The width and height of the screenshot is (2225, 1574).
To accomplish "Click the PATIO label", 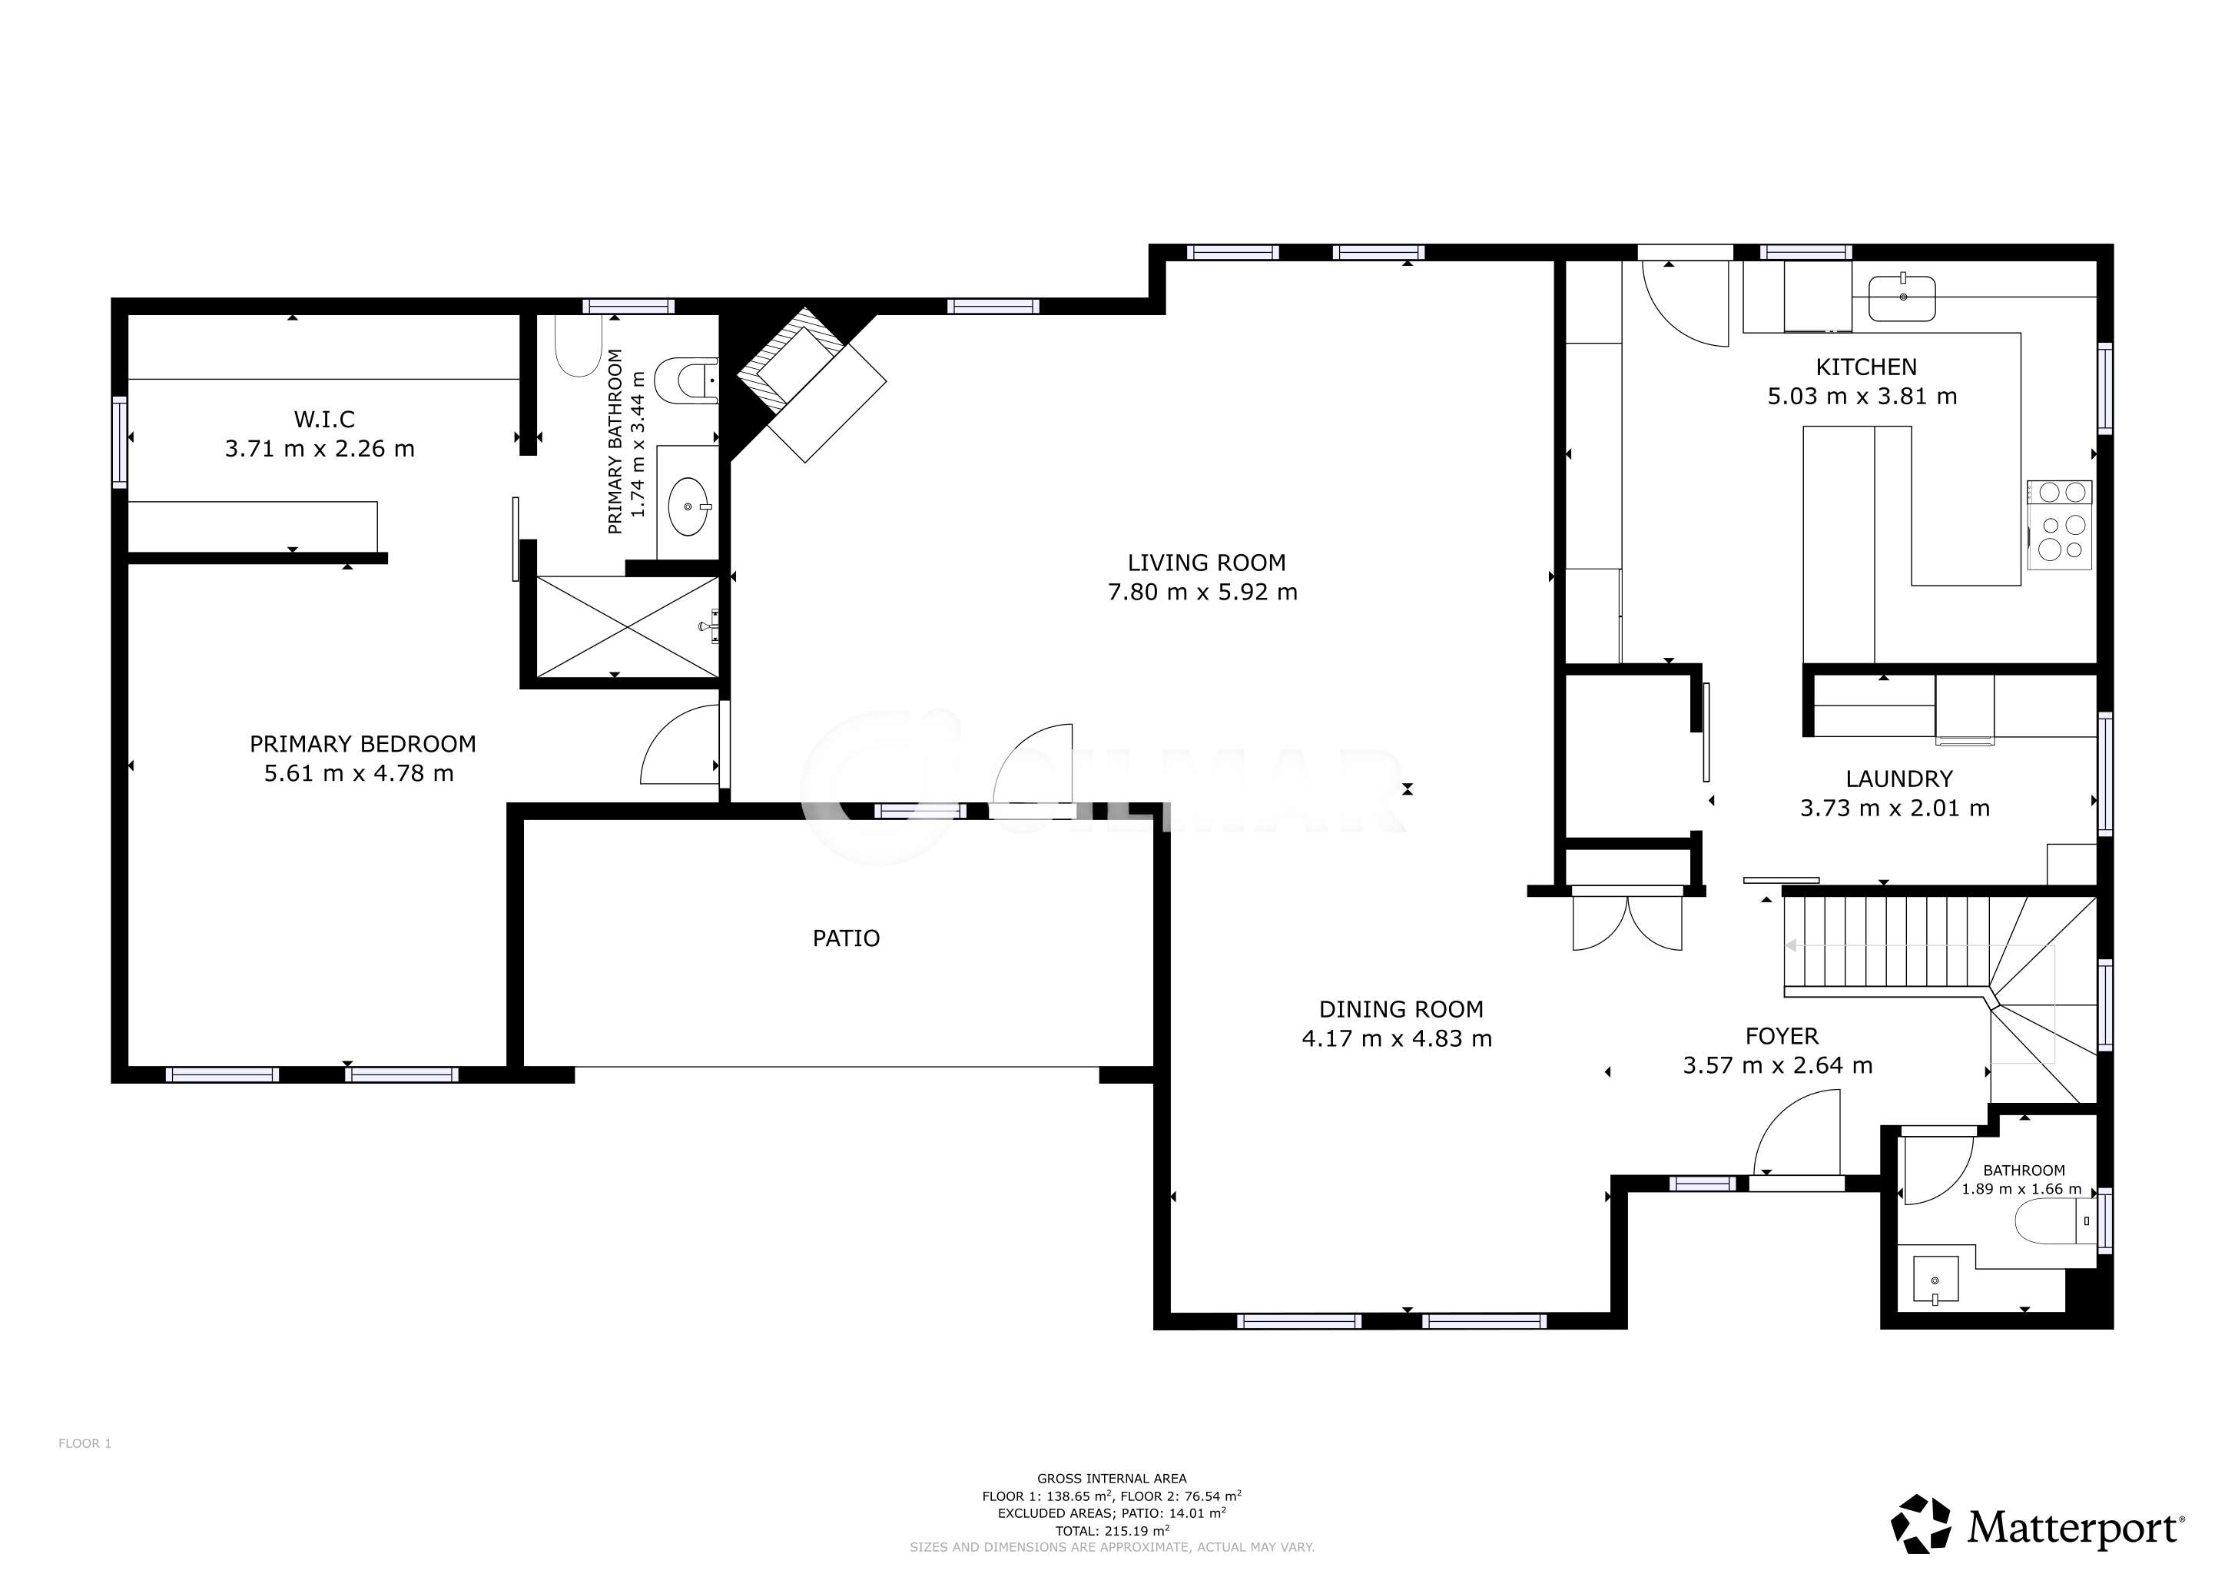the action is click(x=846, y=938).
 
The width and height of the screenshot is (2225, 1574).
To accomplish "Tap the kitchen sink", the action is click(x=1902, y=297).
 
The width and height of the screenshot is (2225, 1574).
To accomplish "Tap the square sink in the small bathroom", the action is click(x=1935, y=1280).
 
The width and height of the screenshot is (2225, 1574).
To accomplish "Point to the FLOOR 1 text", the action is click(x=85, y=1443).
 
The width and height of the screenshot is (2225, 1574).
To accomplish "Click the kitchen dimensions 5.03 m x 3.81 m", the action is click(x=1862, y=397).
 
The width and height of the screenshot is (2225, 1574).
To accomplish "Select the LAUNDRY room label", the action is click(x=1898, y=779).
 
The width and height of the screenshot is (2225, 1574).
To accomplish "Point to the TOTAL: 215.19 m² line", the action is click(x=1112, y=1530).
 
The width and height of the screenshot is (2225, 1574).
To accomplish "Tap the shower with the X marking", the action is click(x=628, y=627).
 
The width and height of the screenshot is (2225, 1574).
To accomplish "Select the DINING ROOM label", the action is click(x=1401, y=1010).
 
